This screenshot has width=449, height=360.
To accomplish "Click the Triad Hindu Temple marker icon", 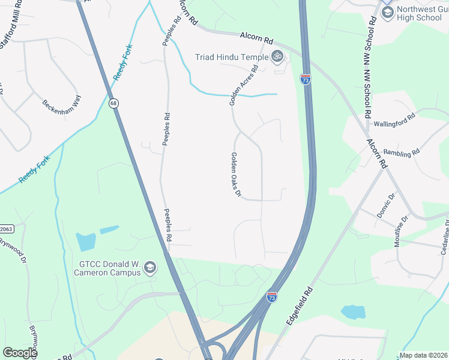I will [277, 58].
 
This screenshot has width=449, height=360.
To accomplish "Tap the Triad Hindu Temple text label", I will [231, 58].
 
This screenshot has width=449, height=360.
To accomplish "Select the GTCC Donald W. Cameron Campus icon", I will [150, 268].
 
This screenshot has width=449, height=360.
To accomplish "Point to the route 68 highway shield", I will [113, 104].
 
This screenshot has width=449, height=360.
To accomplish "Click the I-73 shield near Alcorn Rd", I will [305, 79].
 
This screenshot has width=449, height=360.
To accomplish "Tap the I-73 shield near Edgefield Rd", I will [271, 297].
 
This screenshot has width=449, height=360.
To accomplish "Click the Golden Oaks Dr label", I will [235, 175].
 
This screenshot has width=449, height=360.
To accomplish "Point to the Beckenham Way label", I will [61, 104].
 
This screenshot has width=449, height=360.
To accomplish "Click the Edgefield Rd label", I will [300, 305].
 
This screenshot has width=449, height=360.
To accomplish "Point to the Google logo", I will [20, 353].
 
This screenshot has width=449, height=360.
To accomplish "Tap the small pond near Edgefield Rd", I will [353, 311].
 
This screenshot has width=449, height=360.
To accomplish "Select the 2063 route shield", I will [5, 229].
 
